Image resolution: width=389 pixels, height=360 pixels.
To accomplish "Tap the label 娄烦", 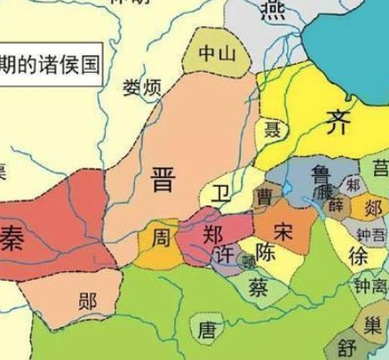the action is pyautogui.click(x=142, y=87).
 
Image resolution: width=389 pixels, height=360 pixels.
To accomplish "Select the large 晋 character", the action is pyautogui.click(x=163, y=181).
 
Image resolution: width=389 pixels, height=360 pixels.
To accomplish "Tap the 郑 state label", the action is pyautogui.click(x=213, y=236).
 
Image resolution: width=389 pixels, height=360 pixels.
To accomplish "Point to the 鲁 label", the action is pyautogui.click(x=321, y=172).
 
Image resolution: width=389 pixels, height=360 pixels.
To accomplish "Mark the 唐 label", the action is pyautogui.click(x=207, y=331).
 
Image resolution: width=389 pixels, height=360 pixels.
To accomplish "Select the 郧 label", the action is pyautogui.click(x=86, y=300).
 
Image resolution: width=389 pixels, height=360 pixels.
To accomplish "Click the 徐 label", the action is pyautogui.click(x=357, y=255).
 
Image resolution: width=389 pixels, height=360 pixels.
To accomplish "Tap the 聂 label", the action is pyautogui.click(x=274, y=130).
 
